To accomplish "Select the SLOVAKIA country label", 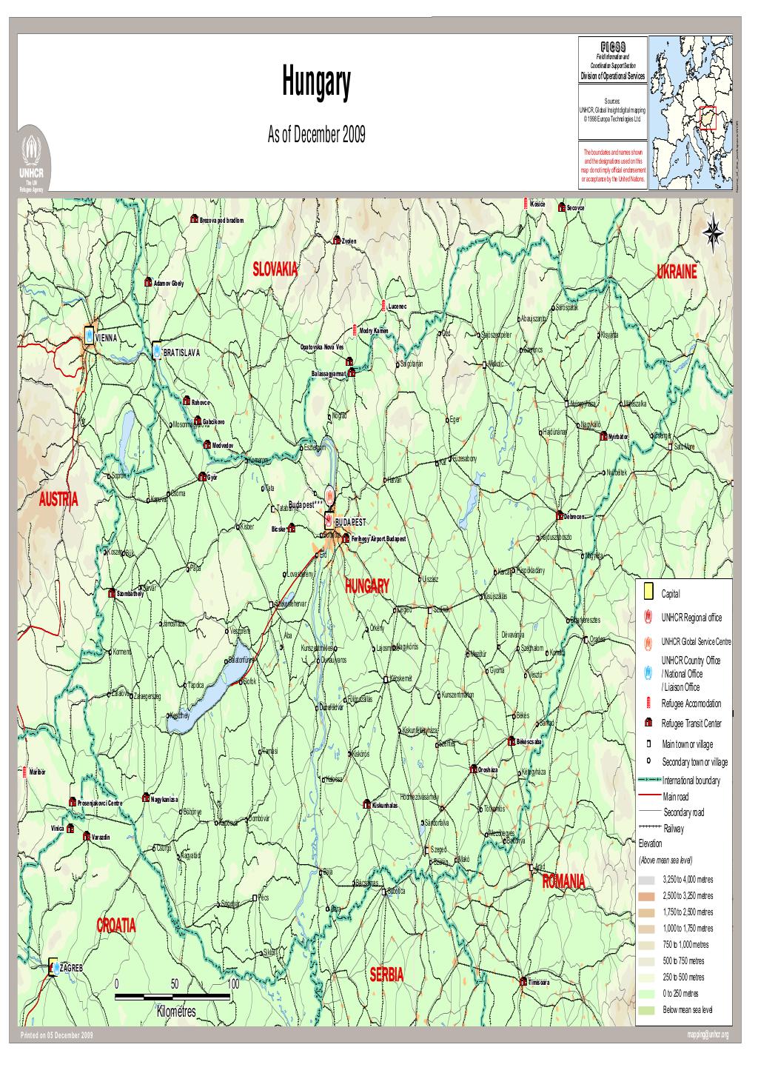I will pyautogui.click(x=275, y=269).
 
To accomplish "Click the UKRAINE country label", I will pyautogui.click(x=677, y=272).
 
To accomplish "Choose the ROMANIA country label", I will pyautogui.click(x=564, y=880).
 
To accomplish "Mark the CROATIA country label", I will pyautogui.click(x=117, y=926).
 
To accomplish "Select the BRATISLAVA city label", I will pyautogui.click(x=181, y=352).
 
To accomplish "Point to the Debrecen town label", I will pyautogui.click(x=578, y=516).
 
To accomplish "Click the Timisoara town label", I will pyautogui.click(x=539, y=983).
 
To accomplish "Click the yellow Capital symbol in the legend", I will pyautogui.click(x=648, y=592).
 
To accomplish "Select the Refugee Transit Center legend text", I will pyautogui.click(x=691, y=723).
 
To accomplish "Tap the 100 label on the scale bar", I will pyautogui.click(x=233, y=984).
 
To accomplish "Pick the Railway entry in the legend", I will pyautogui.click(x=674, y=828).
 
